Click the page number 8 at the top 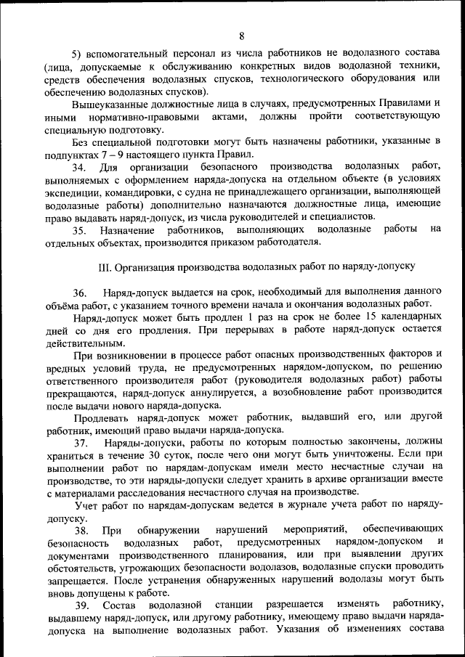pyautogui.click(x=241, y=35)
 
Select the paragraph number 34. pyautogui.click(x=78, y=168)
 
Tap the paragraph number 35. pyautogui.click(x=78, y=230)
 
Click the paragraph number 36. pyautogui.click(x=78, y=292)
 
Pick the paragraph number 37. pyautogui.click(x=78, y=443)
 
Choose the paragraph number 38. pyautogui.click(x=78, y=530)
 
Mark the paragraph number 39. pyautogui.click(x=78, y=605)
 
